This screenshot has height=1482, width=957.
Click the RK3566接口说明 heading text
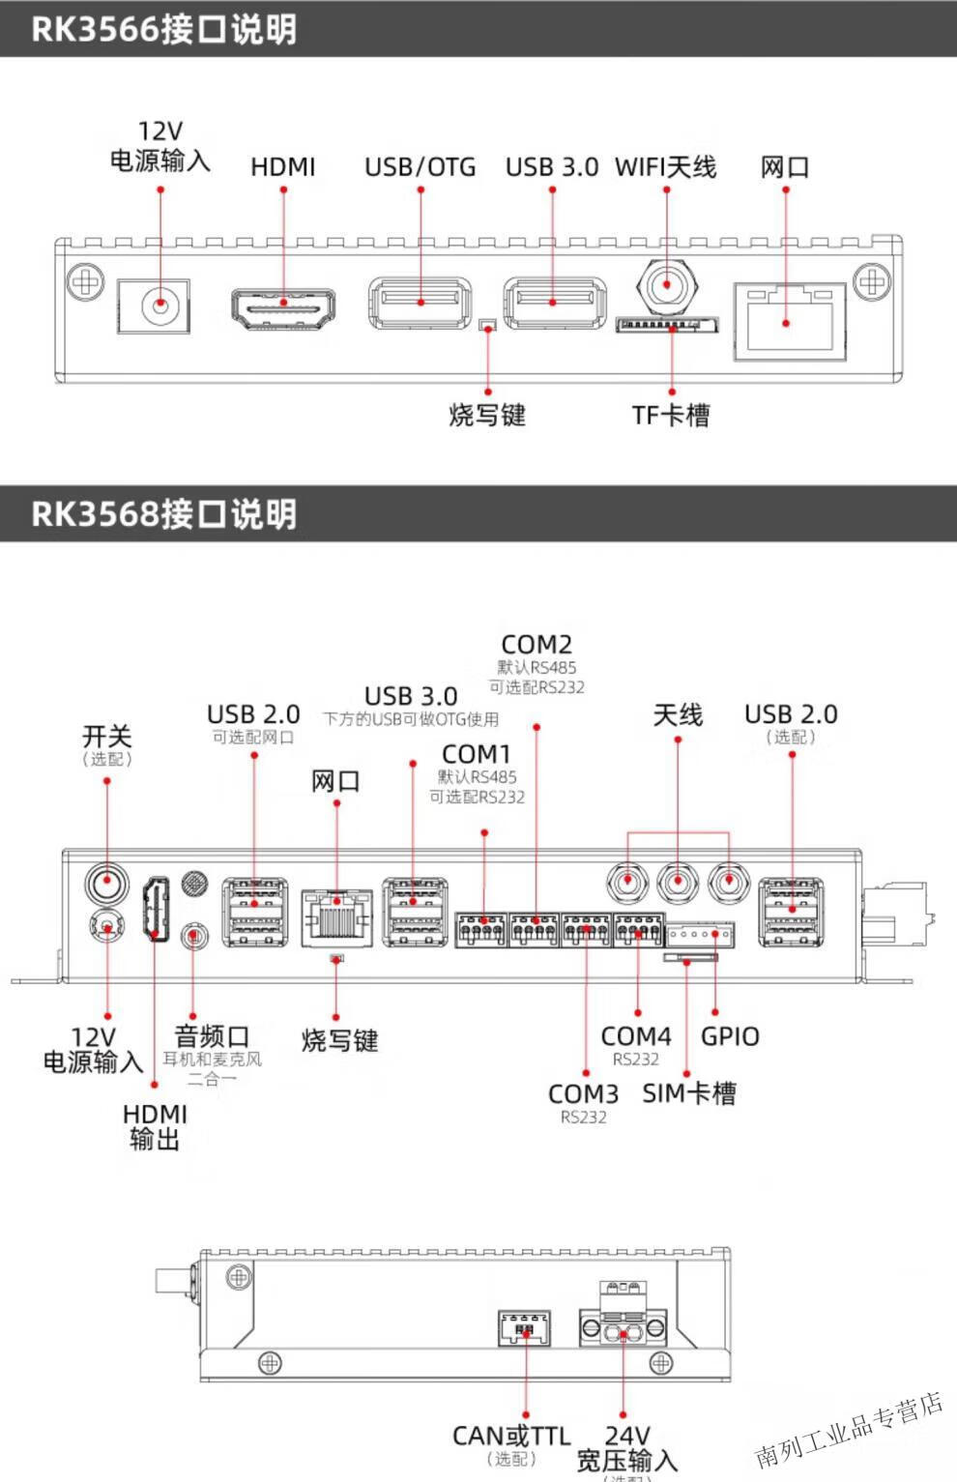click(x=163, y=29)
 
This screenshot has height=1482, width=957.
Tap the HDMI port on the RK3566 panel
click(x=283, y=307)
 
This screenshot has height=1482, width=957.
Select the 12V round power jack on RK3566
click(x=159, y=306)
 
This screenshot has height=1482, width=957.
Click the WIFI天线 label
click(x=665, y=167)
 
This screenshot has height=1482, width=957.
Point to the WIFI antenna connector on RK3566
click(x=666, y=285)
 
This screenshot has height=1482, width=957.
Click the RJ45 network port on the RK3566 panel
click(x=789, y=320)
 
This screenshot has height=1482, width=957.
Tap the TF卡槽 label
click(x=671, y=416)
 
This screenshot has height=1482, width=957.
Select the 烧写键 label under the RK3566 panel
click(x=487, y=416)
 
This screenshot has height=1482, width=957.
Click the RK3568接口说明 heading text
click(x=163, y=513)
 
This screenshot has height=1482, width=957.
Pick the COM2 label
click(x=536, y=645)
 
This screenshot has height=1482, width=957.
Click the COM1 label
click(x=476, y=754)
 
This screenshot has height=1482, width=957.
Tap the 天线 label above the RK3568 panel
click(x=678, y=715)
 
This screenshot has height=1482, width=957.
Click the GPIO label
click(x=730, y=1036)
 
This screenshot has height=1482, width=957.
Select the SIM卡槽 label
click(x=689, y=1093)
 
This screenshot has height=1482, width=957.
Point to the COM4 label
click(x=636, y=1036)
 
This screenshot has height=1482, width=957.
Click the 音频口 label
click(x=212, y=1036)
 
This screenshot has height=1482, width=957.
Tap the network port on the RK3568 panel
click(x=336, y=917)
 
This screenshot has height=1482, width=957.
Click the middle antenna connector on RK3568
click(x=678, y=881)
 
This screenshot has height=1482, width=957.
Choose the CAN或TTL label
click(x=511, y=1437)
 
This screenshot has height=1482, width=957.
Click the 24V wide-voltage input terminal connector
click(x=623, y=1325)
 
